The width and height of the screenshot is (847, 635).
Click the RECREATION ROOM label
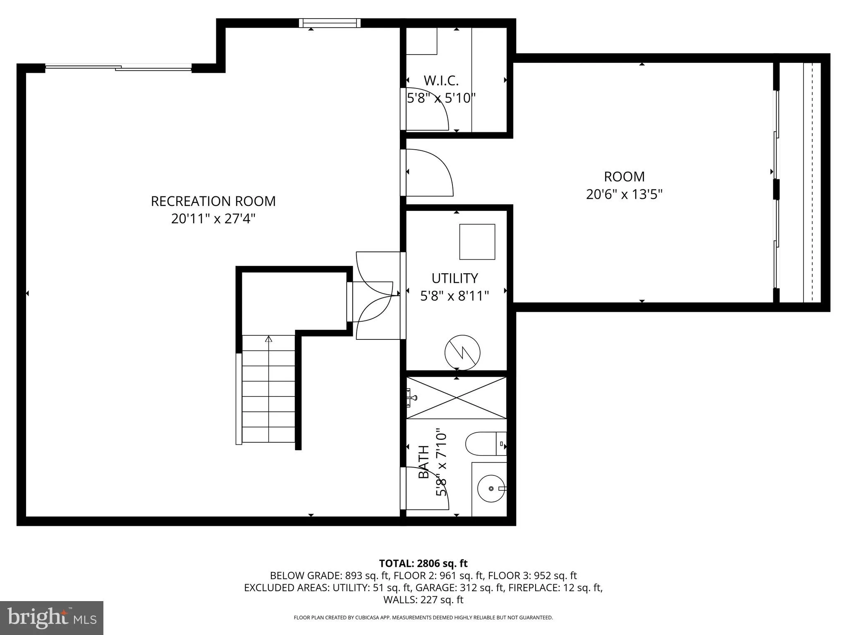(213, 201)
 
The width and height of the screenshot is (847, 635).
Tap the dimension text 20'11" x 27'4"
(213, 219)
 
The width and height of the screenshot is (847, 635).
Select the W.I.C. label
(441, 80)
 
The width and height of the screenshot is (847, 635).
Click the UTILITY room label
(455, 278)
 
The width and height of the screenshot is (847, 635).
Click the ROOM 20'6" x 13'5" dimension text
(624, 194)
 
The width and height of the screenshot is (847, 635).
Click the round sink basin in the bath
(491, 488)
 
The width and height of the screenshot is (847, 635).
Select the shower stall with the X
(456, 398)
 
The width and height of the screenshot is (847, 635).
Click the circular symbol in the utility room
(462, 353)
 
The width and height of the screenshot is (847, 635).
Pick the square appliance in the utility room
(477, 242)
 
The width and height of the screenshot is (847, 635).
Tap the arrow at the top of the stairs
(269, 339)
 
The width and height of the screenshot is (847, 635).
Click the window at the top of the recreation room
(330, 23)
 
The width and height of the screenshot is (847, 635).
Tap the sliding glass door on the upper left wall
(118, 67)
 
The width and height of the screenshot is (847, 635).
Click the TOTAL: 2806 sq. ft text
(423, 563)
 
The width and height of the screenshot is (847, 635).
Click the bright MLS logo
(52, 618)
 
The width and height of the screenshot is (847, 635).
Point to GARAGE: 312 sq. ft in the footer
(459, 587)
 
